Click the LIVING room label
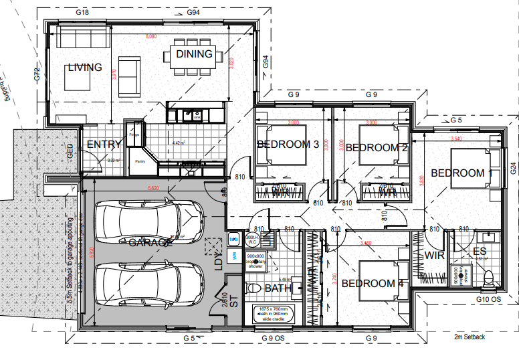[x=85, y=68]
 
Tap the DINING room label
[x=194, y=54]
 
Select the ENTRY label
[x=104, y=144]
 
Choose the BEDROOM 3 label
[x=288, y=145]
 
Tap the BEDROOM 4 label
[x=372, y=284]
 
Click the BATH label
[x=278, y=288]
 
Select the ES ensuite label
[x=479, y=252]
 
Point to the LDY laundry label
[x=218, y=261]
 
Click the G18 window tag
[x=83, y=13]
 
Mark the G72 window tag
[x=38, y=74]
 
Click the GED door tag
[x=70, y=151]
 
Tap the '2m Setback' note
[x=469, y=337]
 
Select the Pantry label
[x=140, y=161]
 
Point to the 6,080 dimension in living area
[x=151, y=37]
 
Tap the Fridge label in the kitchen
[x=134, y=135]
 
